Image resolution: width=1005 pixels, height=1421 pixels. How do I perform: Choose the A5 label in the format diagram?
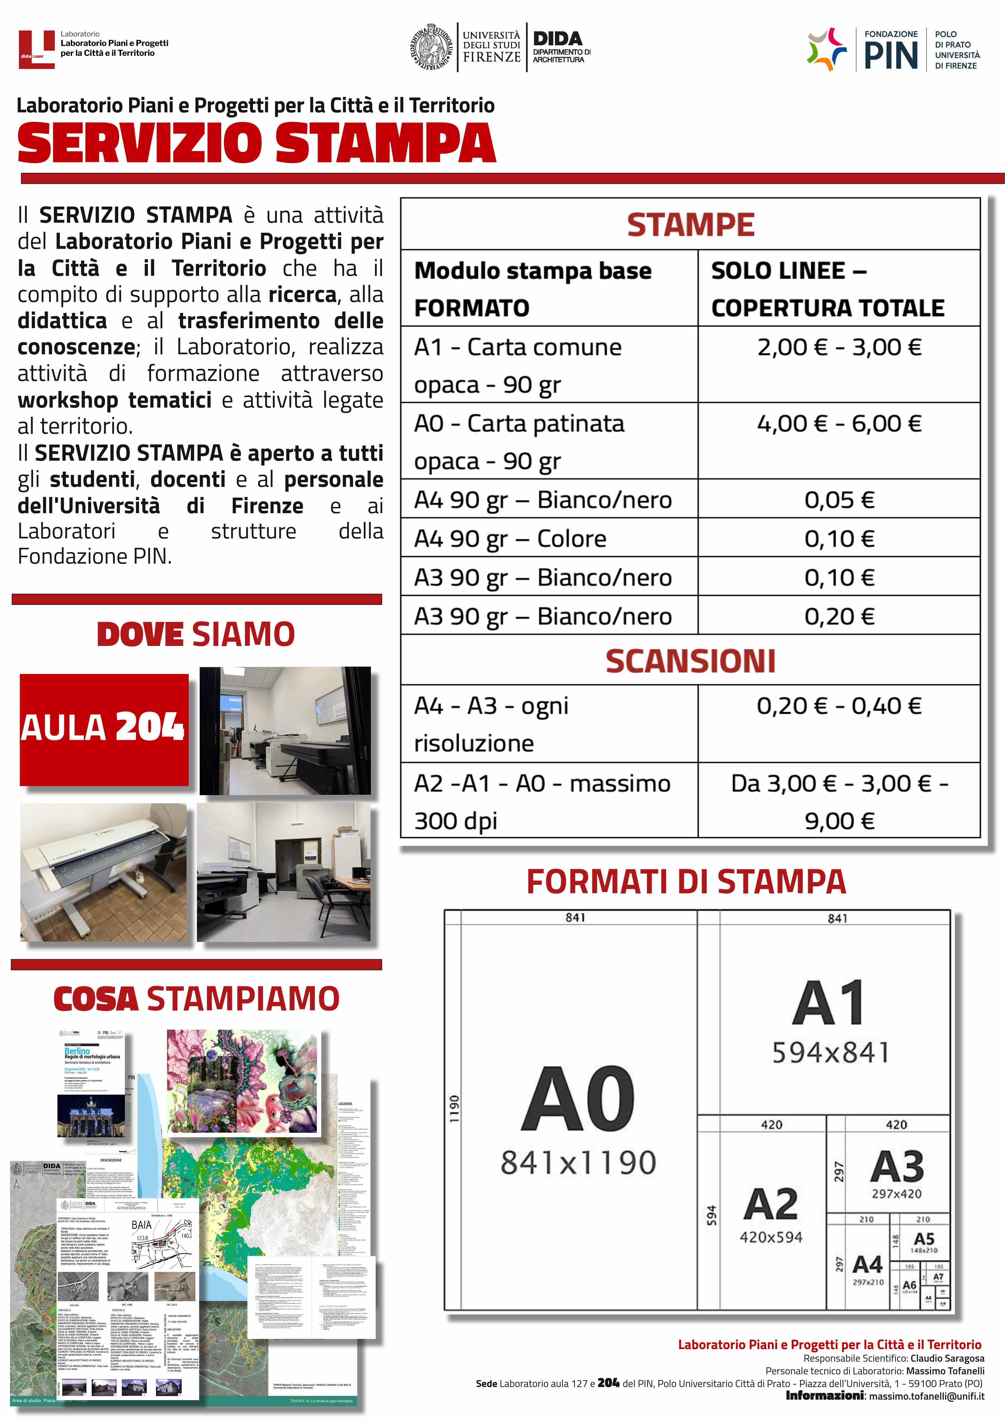click(x=923, y=1239)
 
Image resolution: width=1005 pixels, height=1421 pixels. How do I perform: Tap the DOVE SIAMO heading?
click(x=196, y=634)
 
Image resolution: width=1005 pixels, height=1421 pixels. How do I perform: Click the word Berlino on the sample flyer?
click(x=77, y=1051)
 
